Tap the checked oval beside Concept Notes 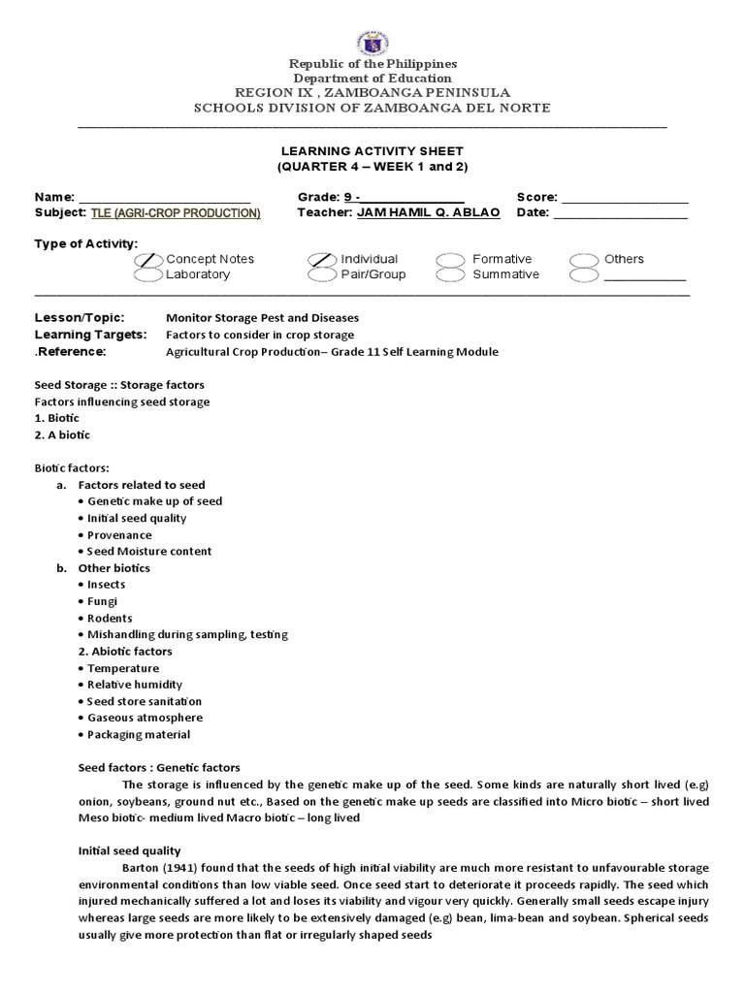coord(148,260)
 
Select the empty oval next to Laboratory coord(148,275)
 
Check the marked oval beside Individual coord(323,260)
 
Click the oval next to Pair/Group coord(323,275)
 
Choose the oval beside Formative coord(451,260)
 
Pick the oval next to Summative coord(451,275)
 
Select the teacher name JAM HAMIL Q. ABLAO coord(429,212)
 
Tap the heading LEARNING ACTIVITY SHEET coord(372,151)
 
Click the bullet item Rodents coord(110,618)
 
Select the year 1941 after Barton coord(180,867)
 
